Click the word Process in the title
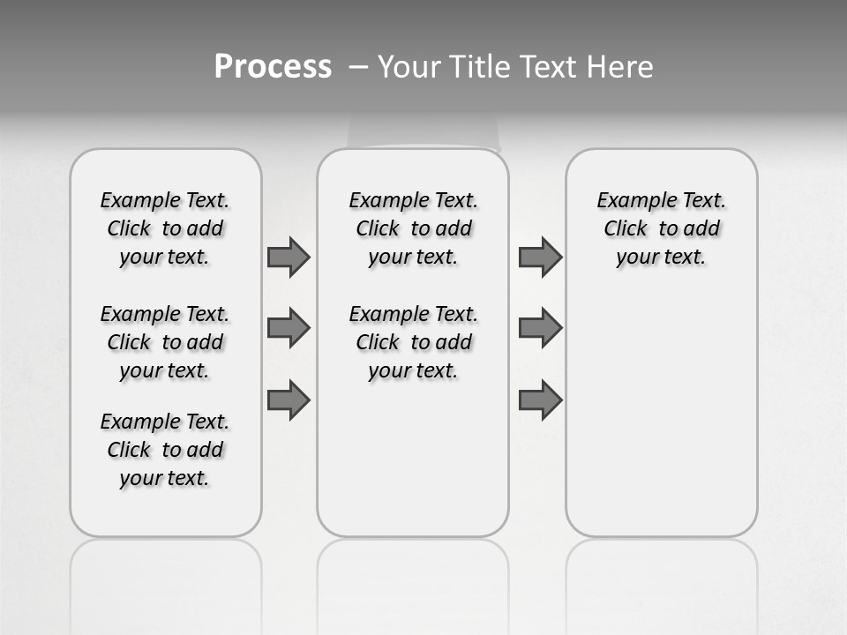(x=273, y=67)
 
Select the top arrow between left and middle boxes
(x=289, y=257)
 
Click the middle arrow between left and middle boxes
(x=289, y=328)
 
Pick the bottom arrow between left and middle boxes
(x=289, y=400)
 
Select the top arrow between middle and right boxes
(x=540, y=257)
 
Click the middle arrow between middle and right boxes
(x=540, y=328)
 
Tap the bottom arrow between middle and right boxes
(x=540, y=400)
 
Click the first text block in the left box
(x=165, y=228)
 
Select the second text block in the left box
(x=165, y=342)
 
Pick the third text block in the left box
(x=165, y=450)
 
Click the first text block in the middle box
(x=413, y=228)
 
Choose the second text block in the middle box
(x=413, y=342)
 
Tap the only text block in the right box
(x=662, y=228)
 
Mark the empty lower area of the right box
(x=662, y=415)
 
